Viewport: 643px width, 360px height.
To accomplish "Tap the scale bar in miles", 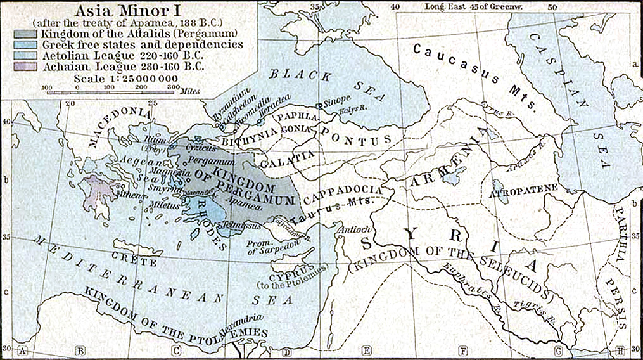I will (111, 92).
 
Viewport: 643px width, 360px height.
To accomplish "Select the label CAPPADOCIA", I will (343, 193).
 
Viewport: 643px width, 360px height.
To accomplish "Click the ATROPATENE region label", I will (523, 189).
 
